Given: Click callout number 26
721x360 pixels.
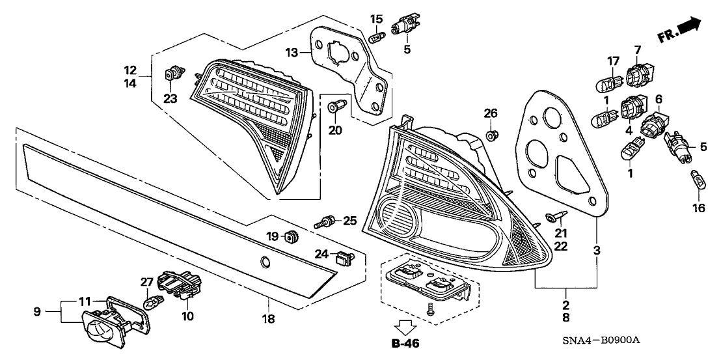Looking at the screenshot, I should point(491,113).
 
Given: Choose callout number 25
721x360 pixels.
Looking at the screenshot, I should point(350,221).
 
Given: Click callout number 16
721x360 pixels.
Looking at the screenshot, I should point(698,208).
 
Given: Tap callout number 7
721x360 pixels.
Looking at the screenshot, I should point(636,49).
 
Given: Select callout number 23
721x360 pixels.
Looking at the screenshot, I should point(170,99).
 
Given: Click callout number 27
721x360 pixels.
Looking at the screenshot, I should point(147,282).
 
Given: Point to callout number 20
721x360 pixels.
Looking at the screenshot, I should point(334,130).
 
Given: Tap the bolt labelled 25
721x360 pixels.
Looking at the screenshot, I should point(327,223).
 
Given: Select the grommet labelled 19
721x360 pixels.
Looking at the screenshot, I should point(292,236).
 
